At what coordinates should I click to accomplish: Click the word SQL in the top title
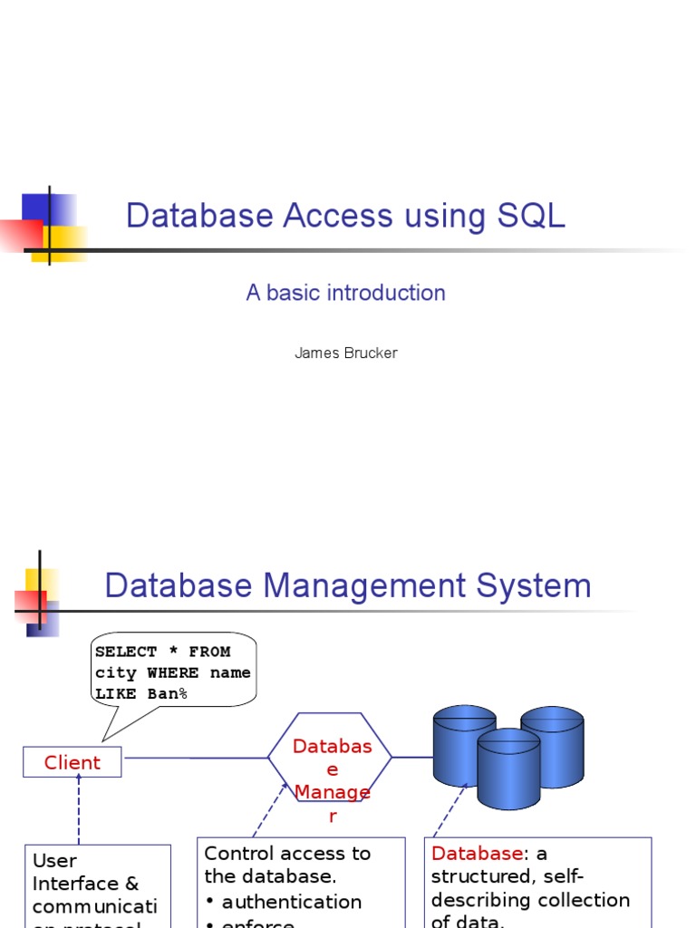tap(531, 216)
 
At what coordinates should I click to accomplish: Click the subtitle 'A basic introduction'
tap(345, 293)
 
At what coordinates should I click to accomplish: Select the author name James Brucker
tap(345, 353)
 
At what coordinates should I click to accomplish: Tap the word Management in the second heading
tap(349, 585)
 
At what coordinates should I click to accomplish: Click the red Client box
tap(72, 762)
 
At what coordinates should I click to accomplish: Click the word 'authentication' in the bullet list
tap(291, 902)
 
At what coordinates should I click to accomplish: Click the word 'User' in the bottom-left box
tap(54, 860)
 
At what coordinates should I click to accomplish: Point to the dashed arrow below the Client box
tap(78, 809)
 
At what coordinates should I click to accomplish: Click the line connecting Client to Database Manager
tap(195, 758)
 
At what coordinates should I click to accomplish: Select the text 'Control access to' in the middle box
tap(287, 853)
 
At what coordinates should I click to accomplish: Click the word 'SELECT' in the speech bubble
tap(126, 652)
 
